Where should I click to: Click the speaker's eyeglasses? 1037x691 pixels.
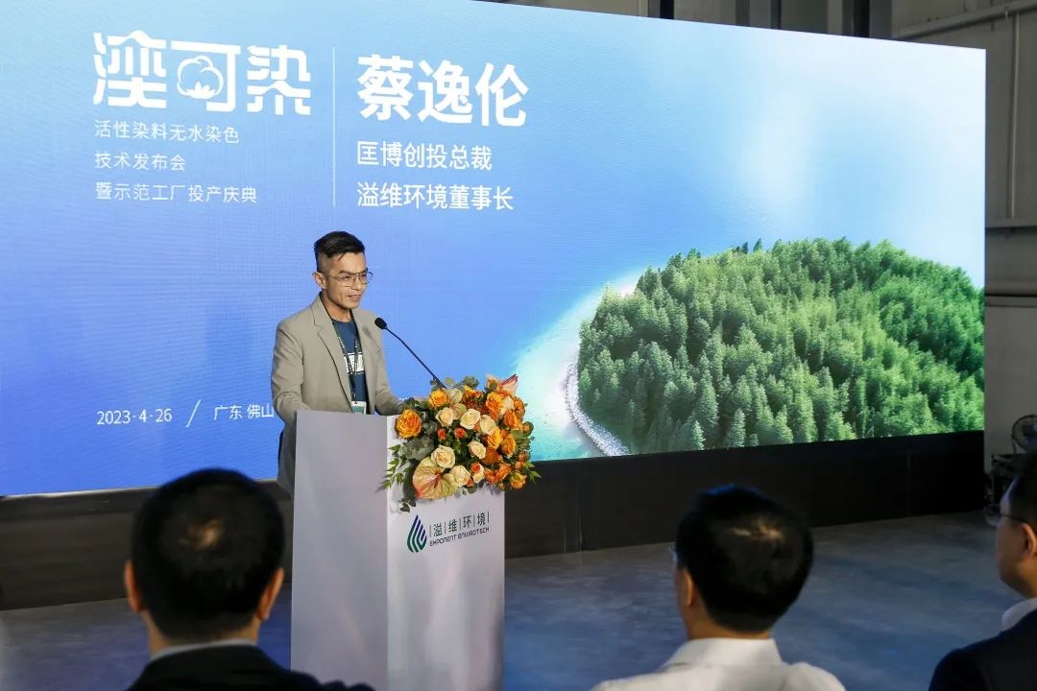[349, 277]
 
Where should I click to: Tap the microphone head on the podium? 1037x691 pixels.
[380, 323]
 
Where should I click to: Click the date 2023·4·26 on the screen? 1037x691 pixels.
[134, 416]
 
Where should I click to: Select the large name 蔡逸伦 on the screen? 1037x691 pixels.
[442, 91]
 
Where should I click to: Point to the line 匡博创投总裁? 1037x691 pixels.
[424, 156]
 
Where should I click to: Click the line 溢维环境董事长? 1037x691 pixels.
[435, 197]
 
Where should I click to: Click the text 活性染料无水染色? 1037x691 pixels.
[166, 133]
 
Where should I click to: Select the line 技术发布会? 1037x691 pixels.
[139, 161]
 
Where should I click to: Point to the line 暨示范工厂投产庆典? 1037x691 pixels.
[176, 193]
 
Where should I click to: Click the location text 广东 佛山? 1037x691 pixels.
[243, 412]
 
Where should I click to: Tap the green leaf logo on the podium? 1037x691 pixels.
[417, 533]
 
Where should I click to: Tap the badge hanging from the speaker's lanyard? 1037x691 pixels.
[358, 407]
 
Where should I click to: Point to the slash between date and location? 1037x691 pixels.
[193, 414]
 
